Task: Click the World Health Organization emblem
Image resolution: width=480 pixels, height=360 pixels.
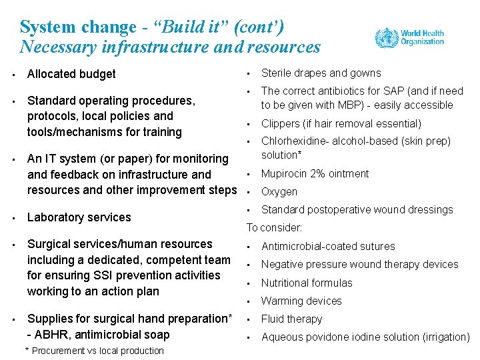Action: pos(386,37)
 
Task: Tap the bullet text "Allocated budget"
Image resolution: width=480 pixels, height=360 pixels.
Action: pos(71,74)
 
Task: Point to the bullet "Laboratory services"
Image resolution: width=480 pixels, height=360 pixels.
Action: pos(79,217)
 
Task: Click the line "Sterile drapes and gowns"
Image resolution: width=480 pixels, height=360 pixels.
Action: pos(321,73)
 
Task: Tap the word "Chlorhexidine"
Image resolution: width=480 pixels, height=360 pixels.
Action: pos(293,141)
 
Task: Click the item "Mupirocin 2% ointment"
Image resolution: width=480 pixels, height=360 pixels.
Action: pos(315,174)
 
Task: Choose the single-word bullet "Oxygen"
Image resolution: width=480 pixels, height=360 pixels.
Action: pos(279,192)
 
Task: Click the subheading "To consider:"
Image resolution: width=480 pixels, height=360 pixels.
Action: pos(275,227)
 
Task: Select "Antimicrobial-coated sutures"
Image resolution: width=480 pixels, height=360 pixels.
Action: pos(328,247)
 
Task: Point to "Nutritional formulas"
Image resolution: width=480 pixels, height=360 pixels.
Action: pos(307,283)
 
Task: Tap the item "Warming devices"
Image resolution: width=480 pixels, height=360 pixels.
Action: pos(301,301)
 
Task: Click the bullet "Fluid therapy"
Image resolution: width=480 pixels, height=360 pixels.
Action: pos(291,319)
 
